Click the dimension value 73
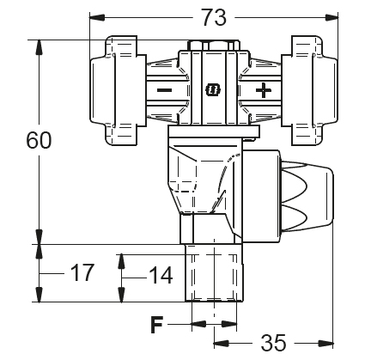[214, 17]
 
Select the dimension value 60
[39, 140]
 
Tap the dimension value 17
[82, 273]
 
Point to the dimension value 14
[161, 275]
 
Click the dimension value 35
[273, 342]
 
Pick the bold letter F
[156, 325]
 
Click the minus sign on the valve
[165, 90]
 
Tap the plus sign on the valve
[264, 90]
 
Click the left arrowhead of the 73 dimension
[97, 17]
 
